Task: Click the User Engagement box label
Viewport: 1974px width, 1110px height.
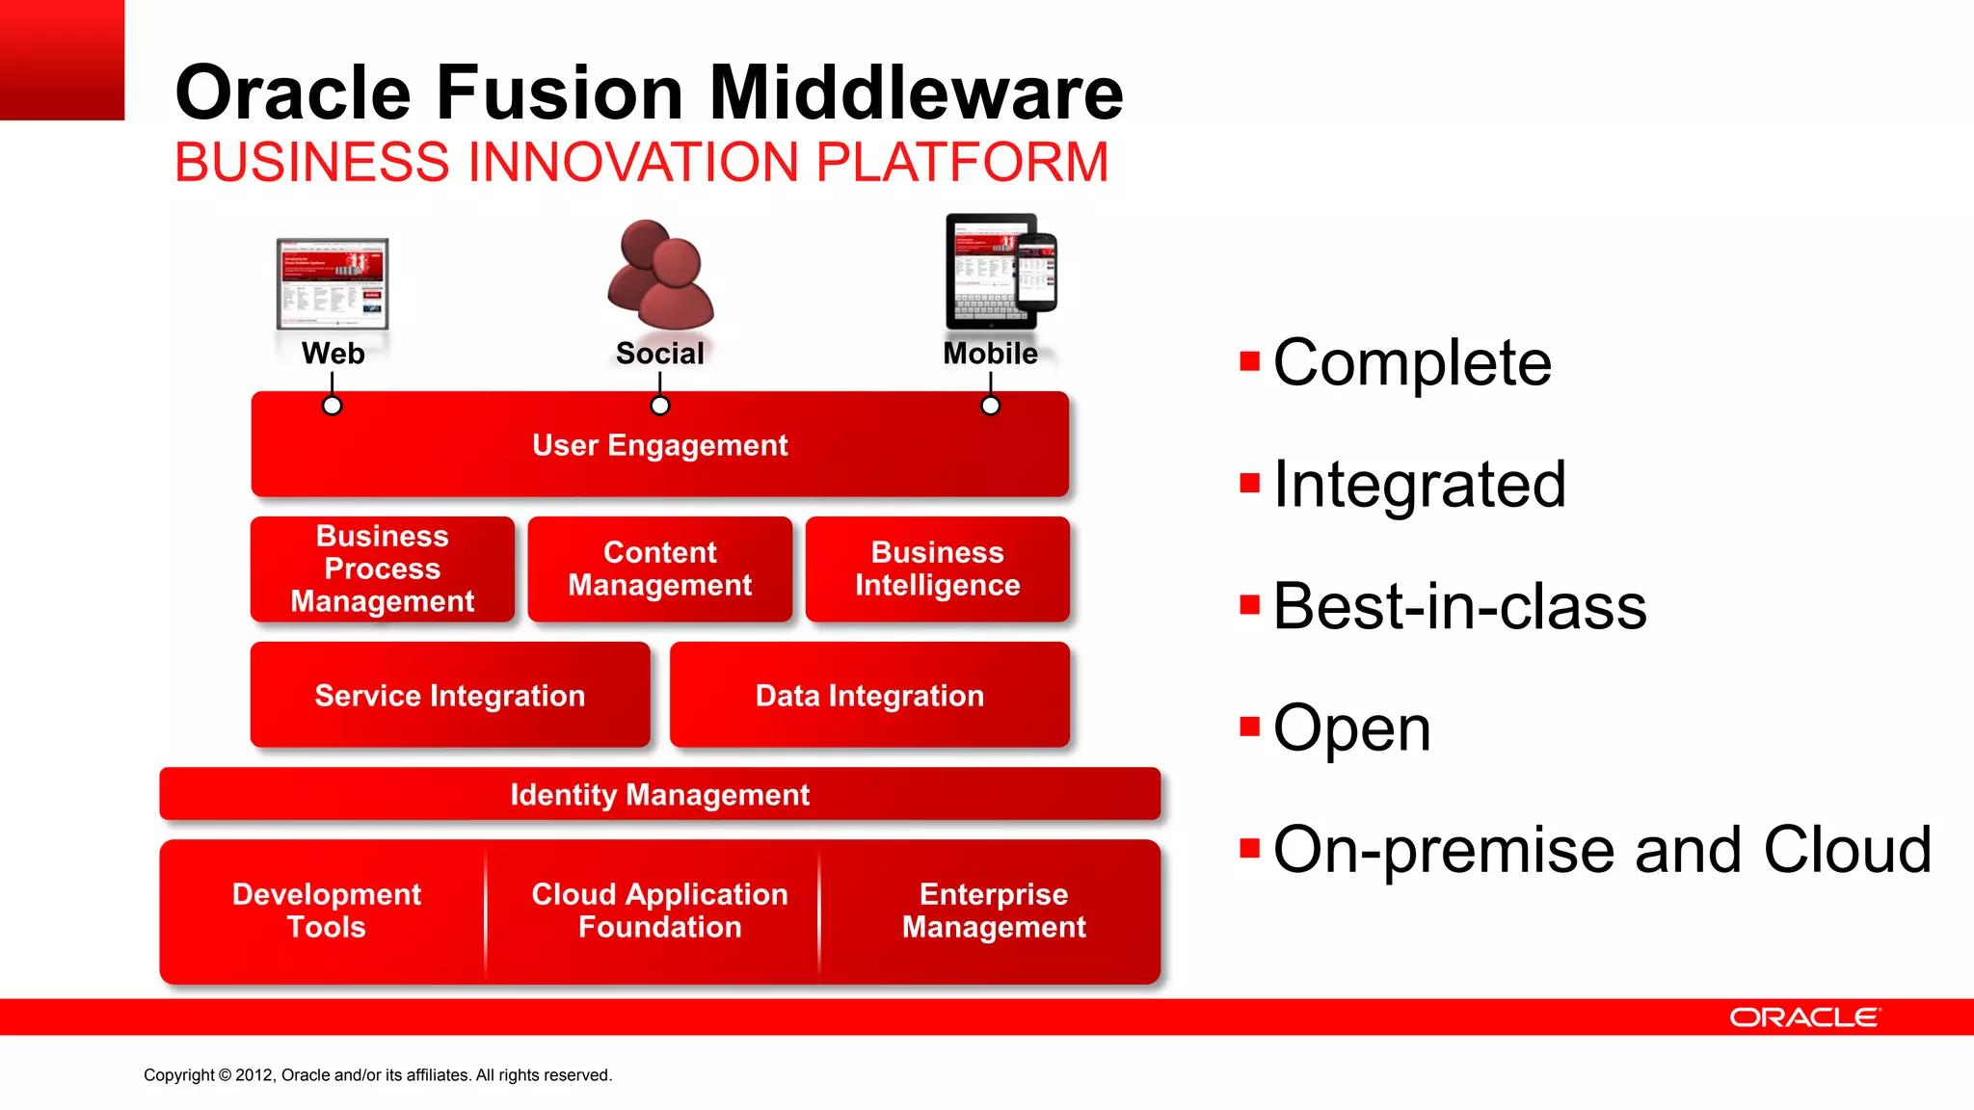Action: click(659, 445)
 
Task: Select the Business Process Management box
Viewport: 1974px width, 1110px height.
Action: click(383, 569)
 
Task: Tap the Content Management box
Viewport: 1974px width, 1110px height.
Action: click(659, 569)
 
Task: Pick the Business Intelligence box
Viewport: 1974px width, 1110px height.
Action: click(937, 569)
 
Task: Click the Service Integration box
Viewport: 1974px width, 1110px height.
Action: click(450, 696)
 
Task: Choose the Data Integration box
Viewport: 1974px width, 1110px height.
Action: click(869, 696)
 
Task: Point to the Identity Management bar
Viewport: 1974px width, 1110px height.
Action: click(659, 795)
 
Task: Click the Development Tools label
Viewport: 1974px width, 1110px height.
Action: click(326, 911)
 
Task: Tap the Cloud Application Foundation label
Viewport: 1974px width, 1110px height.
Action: click(659, 911)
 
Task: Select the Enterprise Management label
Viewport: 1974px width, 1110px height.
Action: click(994, 911)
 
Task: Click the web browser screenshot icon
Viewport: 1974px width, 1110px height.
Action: click(333, 284)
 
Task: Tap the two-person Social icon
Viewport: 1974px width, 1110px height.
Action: click(660, 276)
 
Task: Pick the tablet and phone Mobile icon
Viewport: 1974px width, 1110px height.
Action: click(1000, 272)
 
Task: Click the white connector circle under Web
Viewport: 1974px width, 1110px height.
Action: click(332, 406)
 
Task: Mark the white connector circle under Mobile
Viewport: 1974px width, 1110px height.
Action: click(990, 406)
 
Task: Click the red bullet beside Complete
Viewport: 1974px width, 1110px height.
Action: click(1250, 362)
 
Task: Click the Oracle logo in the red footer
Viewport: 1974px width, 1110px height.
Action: click(1804, 1017)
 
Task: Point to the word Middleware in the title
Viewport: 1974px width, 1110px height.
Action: click(916, 92)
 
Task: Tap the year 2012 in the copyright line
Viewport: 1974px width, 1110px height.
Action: click(254, 1075)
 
